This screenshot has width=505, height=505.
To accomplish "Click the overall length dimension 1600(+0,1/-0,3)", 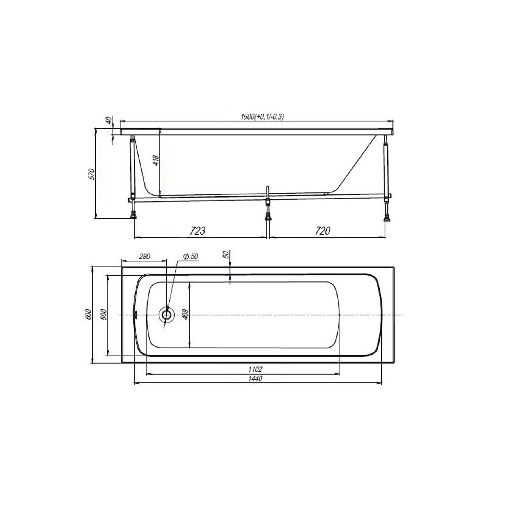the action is (262, 117).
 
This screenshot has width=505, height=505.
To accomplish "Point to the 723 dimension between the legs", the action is (198, 231).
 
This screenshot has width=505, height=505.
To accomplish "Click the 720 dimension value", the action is (323, 231).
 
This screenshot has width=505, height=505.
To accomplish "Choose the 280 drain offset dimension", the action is (145, 256).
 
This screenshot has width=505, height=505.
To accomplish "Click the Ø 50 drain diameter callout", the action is (190, 256).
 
